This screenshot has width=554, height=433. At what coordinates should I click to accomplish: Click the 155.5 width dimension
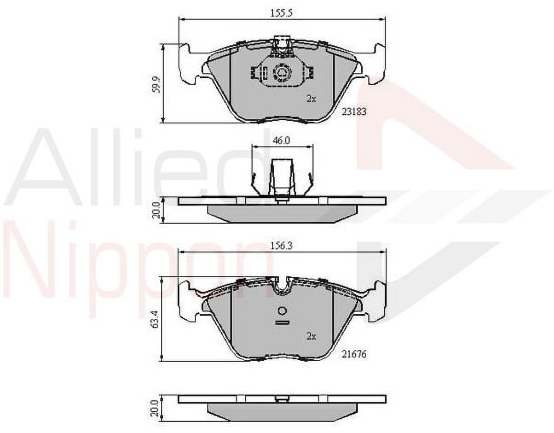[281, 13]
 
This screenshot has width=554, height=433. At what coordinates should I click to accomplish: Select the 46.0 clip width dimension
[282, 140]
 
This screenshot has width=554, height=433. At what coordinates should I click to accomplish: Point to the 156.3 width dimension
[282, 246]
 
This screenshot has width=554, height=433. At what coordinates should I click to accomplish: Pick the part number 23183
[354, 111]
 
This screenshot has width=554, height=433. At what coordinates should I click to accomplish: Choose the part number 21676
[354, 354]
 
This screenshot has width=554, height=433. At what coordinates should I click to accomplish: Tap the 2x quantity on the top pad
[311, 99]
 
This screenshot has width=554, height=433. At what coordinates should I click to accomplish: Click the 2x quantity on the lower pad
[311, 337]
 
